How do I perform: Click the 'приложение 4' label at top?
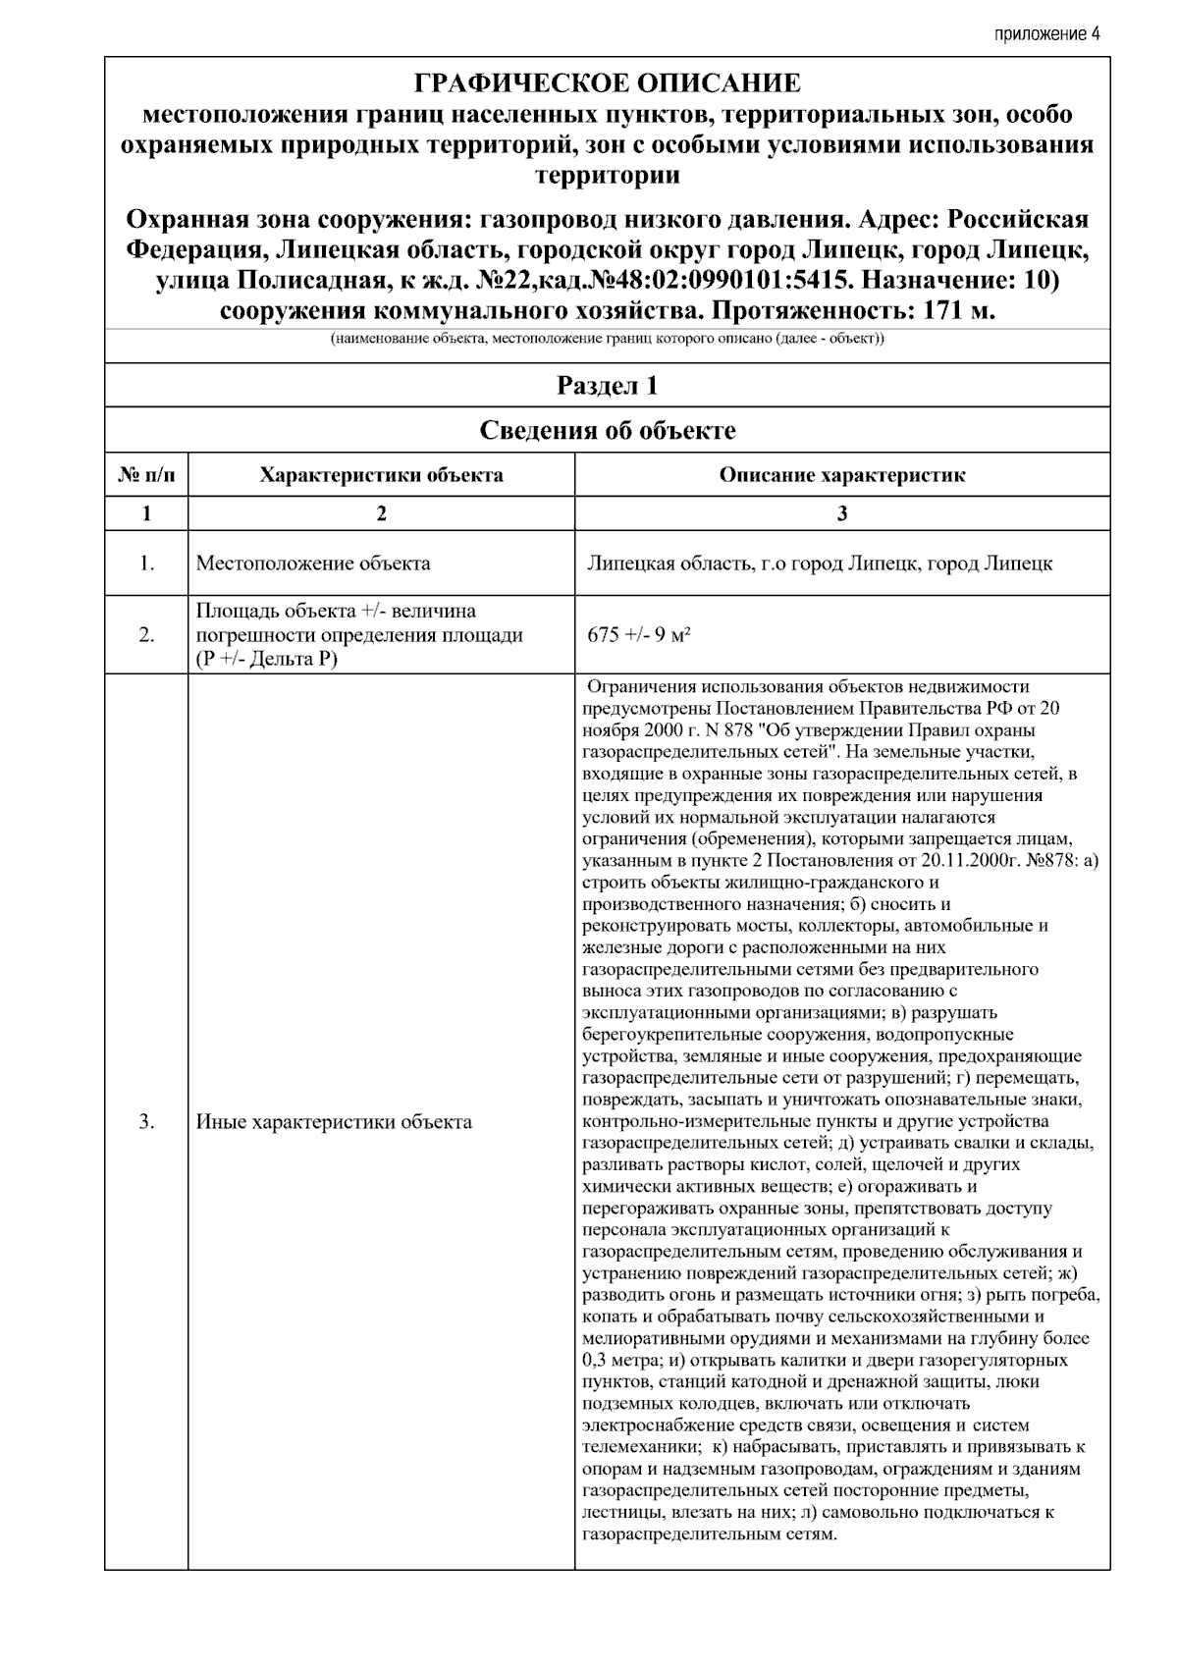[1046, 33]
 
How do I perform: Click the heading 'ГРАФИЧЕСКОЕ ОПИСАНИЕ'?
[608, 82]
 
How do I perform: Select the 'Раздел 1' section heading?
[608, 386]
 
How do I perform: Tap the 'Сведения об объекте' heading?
[608, 430]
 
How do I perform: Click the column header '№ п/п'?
[146, 475]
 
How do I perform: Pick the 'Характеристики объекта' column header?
[381, 475]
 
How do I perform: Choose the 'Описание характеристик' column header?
[842, 475]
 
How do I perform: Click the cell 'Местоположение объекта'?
[313, 564]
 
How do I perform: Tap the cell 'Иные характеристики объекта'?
[334, 1122]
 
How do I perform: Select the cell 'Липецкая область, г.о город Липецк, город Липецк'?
[820, 564]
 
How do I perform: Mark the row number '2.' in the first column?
[146, 634]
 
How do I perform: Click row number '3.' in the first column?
[146, 1122]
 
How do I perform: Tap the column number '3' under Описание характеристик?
[842, 513]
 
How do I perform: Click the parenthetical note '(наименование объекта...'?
[608, 340]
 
